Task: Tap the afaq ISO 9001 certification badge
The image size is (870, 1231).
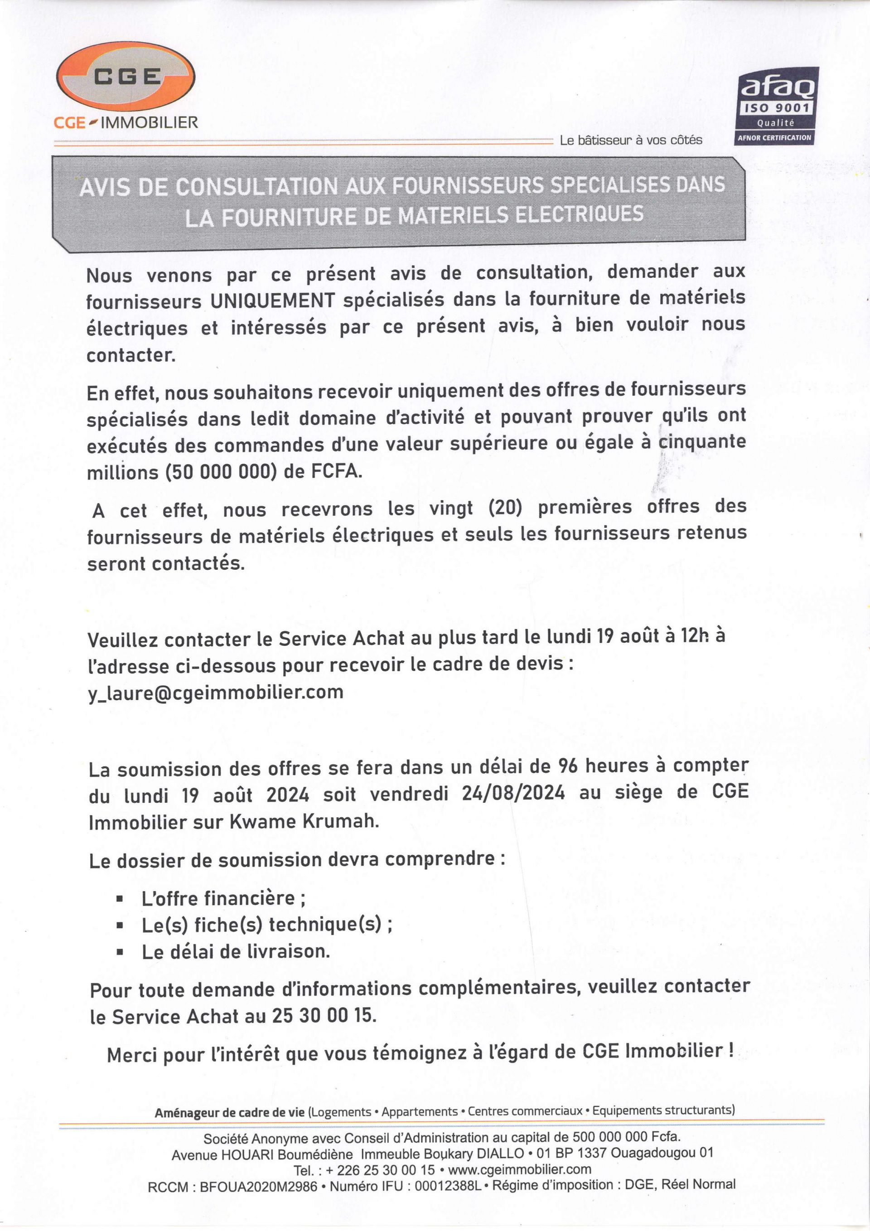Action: pos(777,106)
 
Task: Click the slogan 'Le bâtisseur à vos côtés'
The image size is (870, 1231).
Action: pos(630,141)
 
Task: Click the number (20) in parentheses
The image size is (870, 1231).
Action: pos(505,507)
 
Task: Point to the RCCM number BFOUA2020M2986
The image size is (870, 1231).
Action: pos(258,1187)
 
